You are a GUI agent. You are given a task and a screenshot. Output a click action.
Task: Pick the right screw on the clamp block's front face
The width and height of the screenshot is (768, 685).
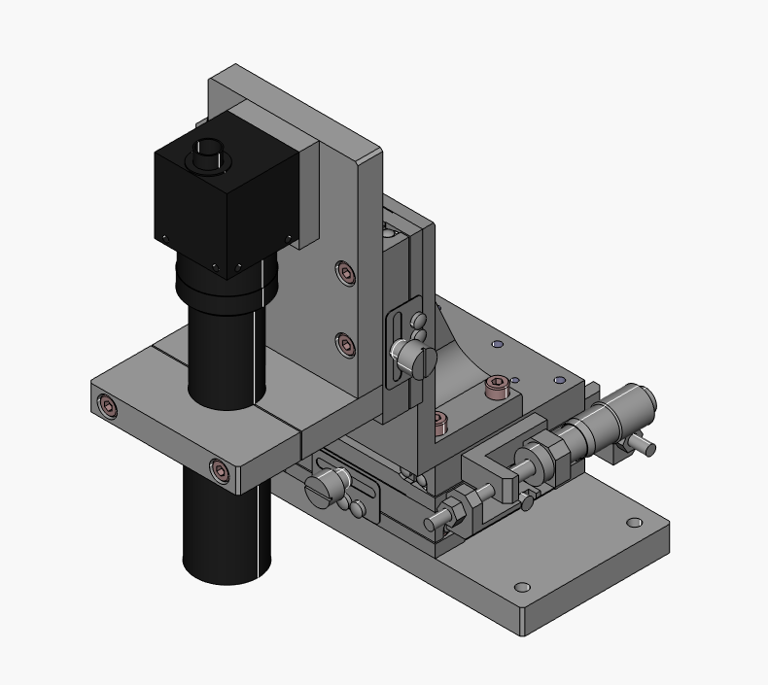[221, 472]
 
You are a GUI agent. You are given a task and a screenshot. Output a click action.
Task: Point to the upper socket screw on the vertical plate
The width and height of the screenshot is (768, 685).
[345, 273]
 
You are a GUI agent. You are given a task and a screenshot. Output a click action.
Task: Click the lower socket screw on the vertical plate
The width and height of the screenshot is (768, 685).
[345, 344]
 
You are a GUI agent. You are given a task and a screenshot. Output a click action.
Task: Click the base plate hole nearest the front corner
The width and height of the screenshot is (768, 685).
[522, 588]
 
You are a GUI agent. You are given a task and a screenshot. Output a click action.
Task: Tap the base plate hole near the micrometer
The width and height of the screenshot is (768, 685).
[634, 523]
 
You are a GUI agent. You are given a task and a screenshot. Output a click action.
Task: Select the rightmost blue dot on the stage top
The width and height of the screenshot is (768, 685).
[559, 380]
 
